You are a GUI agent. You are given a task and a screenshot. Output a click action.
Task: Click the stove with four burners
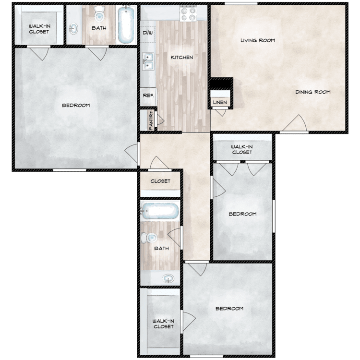point(188,14)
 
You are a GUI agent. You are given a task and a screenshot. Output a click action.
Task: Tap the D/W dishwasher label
point(148,33)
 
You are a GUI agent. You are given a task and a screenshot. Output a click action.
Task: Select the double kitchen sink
point(148,61)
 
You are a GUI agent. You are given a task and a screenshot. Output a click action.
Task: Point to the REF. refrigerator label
point(148,96)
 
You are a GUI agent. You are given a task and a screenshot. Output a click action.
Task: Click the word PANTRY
point(151,120)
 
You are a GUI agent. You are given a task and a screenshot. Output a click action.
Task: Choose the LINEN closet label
point(220,102)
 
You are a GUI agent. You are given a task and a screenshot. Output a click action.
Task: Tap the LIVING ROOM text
point(258,40)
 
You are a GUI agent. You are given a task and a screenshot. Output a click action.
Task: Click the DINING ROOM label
point(312,92)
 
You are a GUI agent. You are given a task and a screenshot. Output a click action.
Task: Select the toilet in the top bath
point(99,13)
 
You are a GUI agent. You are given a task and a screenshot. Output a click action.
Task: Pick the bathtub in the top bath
point(126,24)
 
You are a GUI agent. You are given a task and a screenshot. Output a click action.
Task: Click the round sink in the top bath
point(73,29)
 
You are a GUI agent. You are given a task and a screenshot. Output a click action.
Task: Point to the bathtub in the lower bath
point(159,211)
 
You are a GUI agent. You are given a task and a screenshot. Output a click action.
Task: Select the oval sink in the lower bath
point(168,279)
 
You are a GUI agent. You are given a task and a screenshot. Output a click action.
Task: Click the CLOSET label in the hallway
point(160,181)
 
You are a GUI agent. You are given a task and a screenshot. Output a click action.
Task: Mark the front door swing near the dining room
point(295,123)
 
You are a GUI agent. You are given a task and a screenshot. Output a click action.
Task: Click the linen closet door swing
point(221,112)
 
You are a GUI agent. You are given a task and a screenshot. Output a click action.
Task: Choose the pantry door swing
point(160,119)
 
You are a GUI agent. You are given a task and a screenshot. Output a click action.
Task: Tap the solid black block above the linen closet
point(222,83)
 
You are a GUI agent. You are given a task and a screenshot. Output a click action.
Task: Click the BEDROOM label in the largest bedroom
point(76,106)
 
